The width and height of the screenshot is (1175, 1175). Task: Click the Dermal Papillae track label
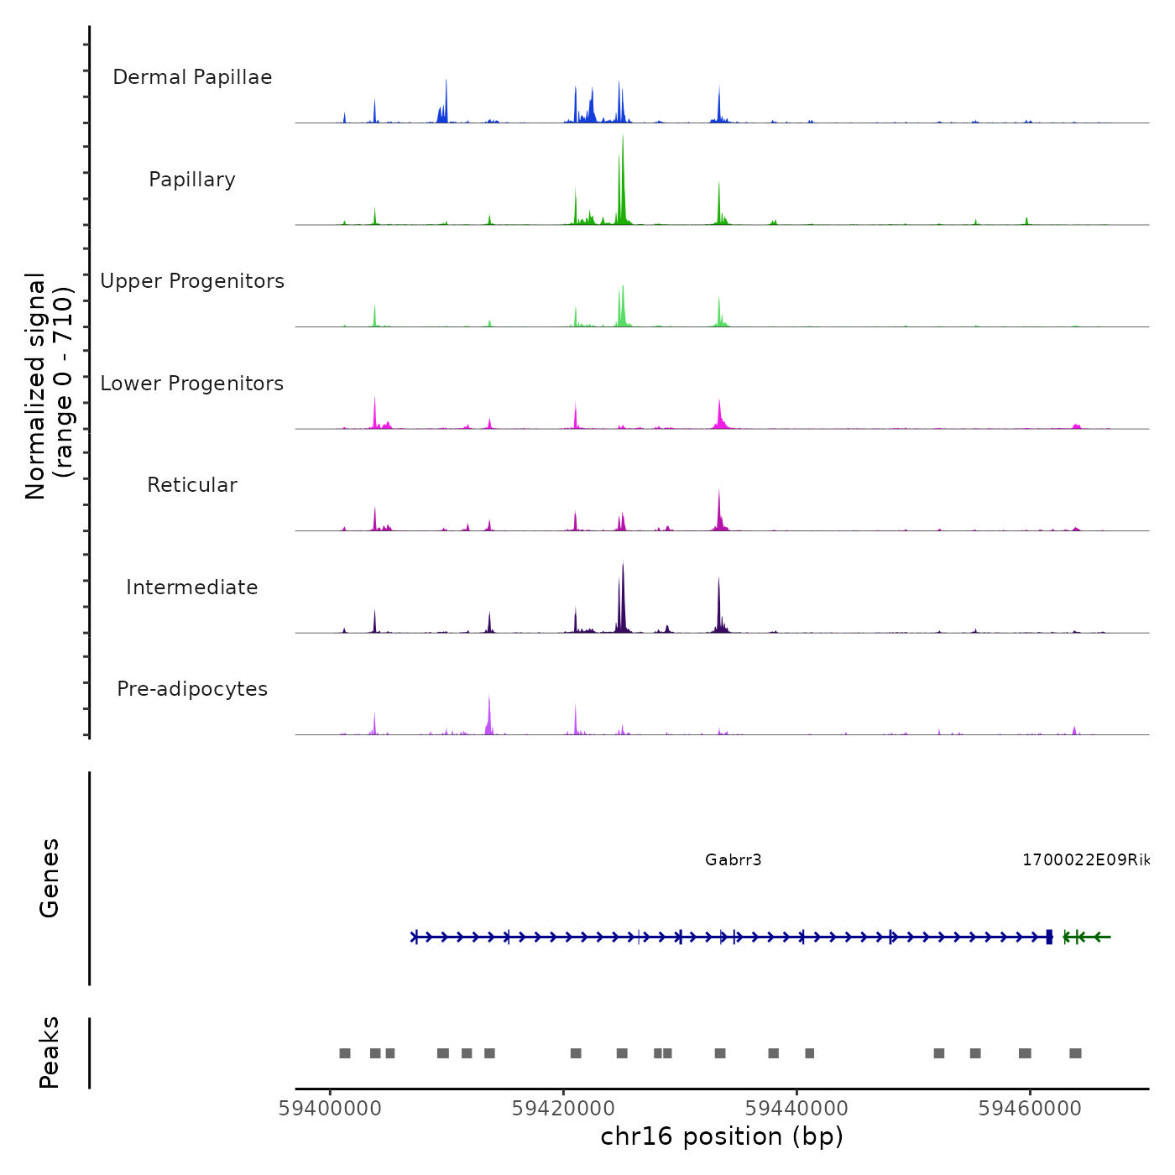point(192,77)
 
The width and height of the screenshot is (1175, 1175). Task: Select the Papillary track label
point(192,180)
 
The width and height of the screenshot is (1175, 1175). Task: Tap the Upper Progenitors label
point(192,281)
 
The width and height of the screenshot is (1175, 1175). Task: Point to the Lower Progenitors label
point(192,384)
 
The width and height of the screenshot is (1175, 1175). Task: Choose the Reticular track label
point(192,485)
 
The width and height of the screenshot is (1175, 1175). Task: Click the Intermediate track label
point(192,587)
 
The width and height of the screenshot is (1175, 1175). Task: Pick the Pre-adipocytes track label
point(192,689)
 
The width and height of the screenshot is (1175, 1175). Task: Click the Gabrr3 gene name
point(734,859)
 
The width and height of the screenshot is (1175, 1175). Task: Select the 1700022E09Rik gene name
point(1085,859)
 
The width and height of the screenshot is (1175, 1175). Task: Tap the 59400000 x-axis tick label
point(330,1109)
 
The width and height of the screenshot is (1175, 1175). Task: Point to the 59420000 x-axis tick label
point(563,1109)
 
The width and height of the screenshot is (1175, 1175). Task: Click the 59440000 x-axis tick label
point(796,1109)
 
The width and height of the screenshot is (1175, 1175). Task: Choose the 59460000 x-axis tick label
point(1030,1109)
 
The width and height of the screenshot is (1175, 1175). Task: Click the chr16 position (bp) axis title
point(722,1136)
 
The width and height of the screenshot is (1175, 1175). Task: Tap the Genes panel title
point(49,878)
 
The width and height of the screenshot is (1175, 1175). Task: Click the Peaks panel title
point(49,1052)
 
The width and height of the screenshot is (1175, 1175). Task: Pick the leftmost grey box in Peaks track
point(344,1053)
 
